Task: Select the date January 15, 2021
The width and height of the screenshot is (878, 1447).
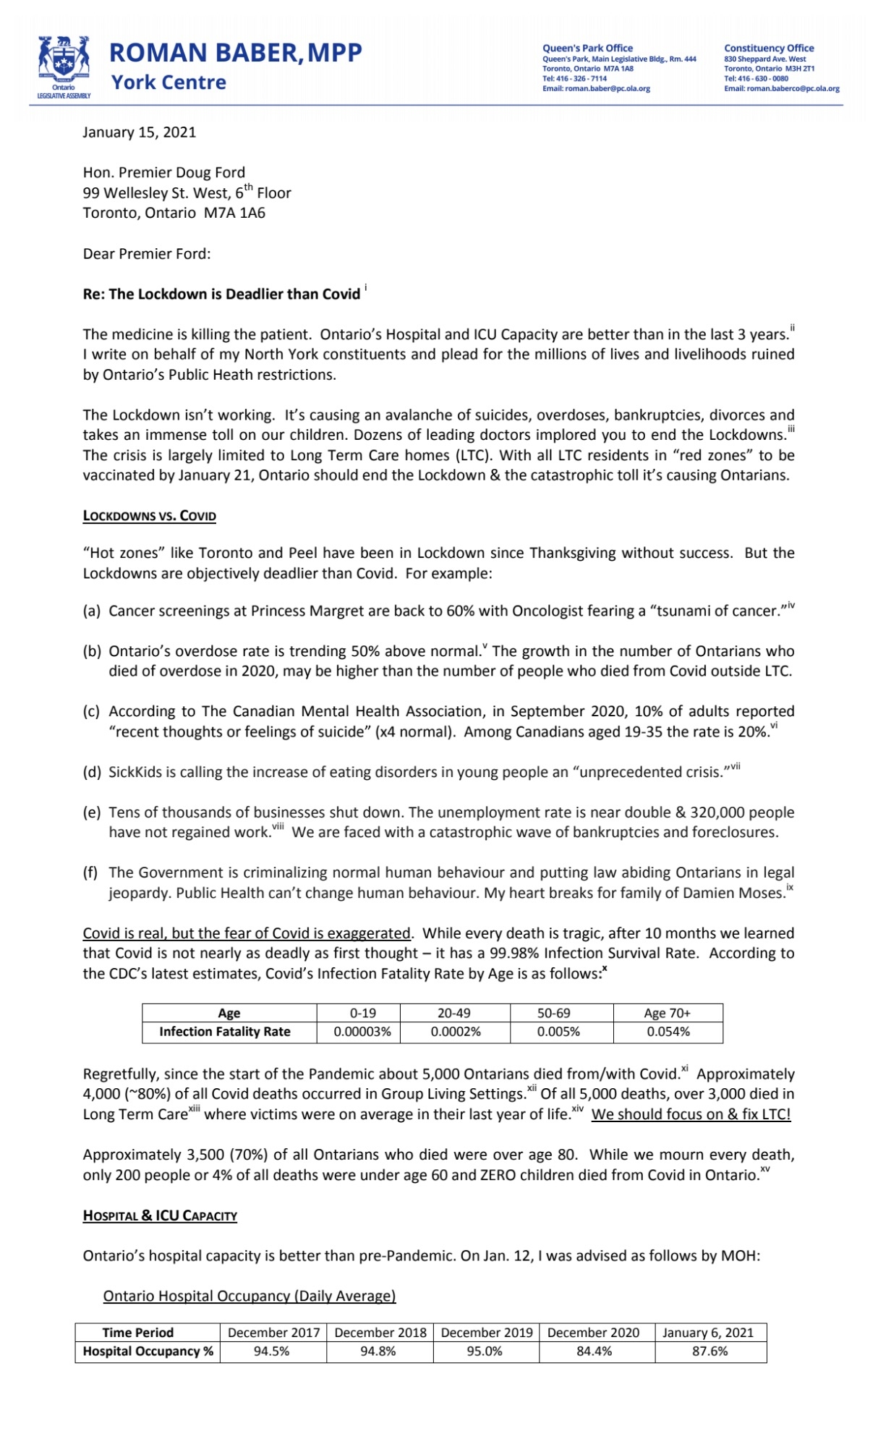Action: [139, 132]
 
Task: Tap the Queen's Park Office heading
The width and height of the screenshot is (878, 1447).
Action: [587, 48]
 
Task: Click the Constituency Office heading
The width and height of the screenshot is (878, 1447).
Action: [769, 48]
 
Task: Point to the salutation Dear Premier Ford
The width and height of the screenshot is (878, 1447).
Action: [146, 254]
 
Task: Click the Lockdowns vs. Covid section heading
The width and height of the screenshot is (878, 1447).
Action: [149, 516]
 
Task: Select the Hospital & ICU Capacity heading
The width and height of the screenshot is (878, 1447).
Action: [160, 1215]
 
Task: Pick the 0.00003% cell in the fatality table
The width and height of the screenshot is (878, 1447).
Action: [362, 1032]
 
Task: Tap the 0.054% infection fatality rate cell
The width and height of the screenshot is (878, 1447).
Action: [668, 1032]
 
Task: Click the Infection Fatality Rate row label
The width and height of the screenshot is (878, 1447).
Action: [224, 1032]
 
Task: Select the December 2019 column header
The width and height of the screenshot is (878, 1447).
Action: [486, 1333]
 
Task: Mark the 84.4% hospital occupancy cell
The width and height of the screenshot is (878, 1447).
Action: [594, 1351]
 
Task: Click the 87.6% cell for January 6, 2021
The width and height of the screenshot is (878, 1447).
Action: [709, 1351]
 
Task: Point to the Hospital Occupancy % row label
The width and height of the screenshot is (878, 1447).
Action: [148, 1351]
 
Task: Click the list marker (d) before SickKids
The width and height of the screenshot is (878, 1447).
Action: [92, 773]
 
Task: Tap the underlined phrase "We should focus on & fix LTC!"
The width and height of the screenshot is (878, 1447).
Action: [691, 1114]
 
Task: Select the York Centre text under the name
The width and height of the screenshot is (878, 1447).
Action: [169, 82]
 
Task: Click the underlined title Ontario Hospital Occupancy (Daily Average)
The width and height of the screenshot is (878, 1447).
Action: [250, 1296]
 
